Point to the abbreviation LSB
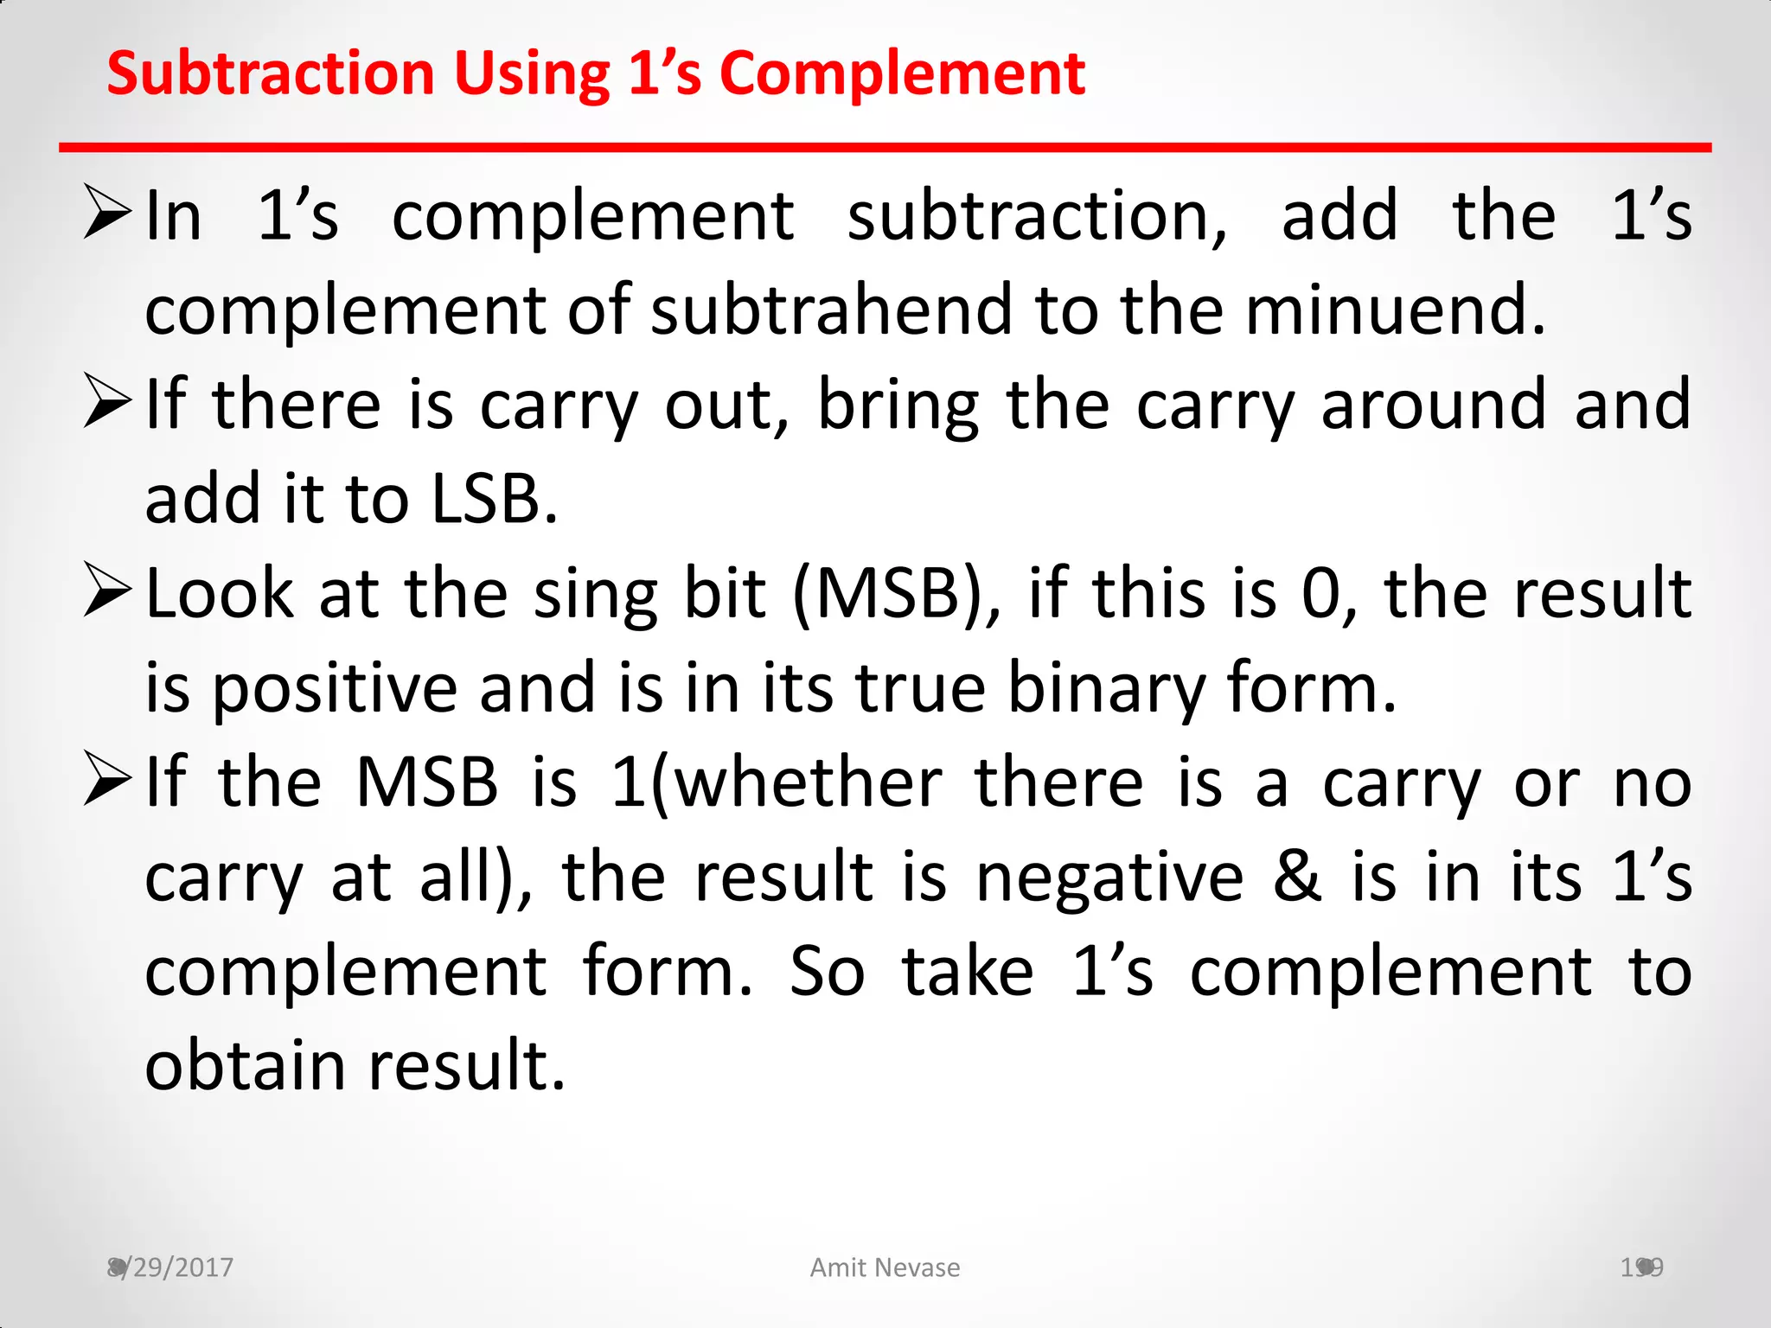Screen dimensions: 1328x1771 (494, 499)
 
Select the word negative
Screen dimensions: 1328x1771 (1109, 878)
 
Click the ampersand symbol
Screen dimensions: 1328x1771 (1297, 878)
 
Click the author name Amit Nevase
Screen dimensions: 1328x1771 (885, 1267)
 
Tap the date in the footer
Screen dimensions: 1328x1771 (170, 1267)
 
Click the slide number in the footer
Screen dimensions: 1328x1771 (1641, 1267)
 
